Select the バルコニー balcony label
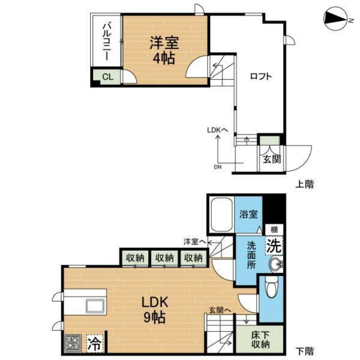[x=106, y=41]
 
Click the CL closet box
[x=106, y=76]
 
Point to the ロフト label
[x=261, y=76]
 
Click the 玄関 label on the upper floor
[x=271, y=159]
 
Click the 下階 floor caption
[x=304, y=350]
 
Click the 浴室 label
[x=248, y=214]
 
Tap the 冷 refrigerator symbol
[x=94, y=343]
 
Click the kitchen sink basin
[x=95, y=305]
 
